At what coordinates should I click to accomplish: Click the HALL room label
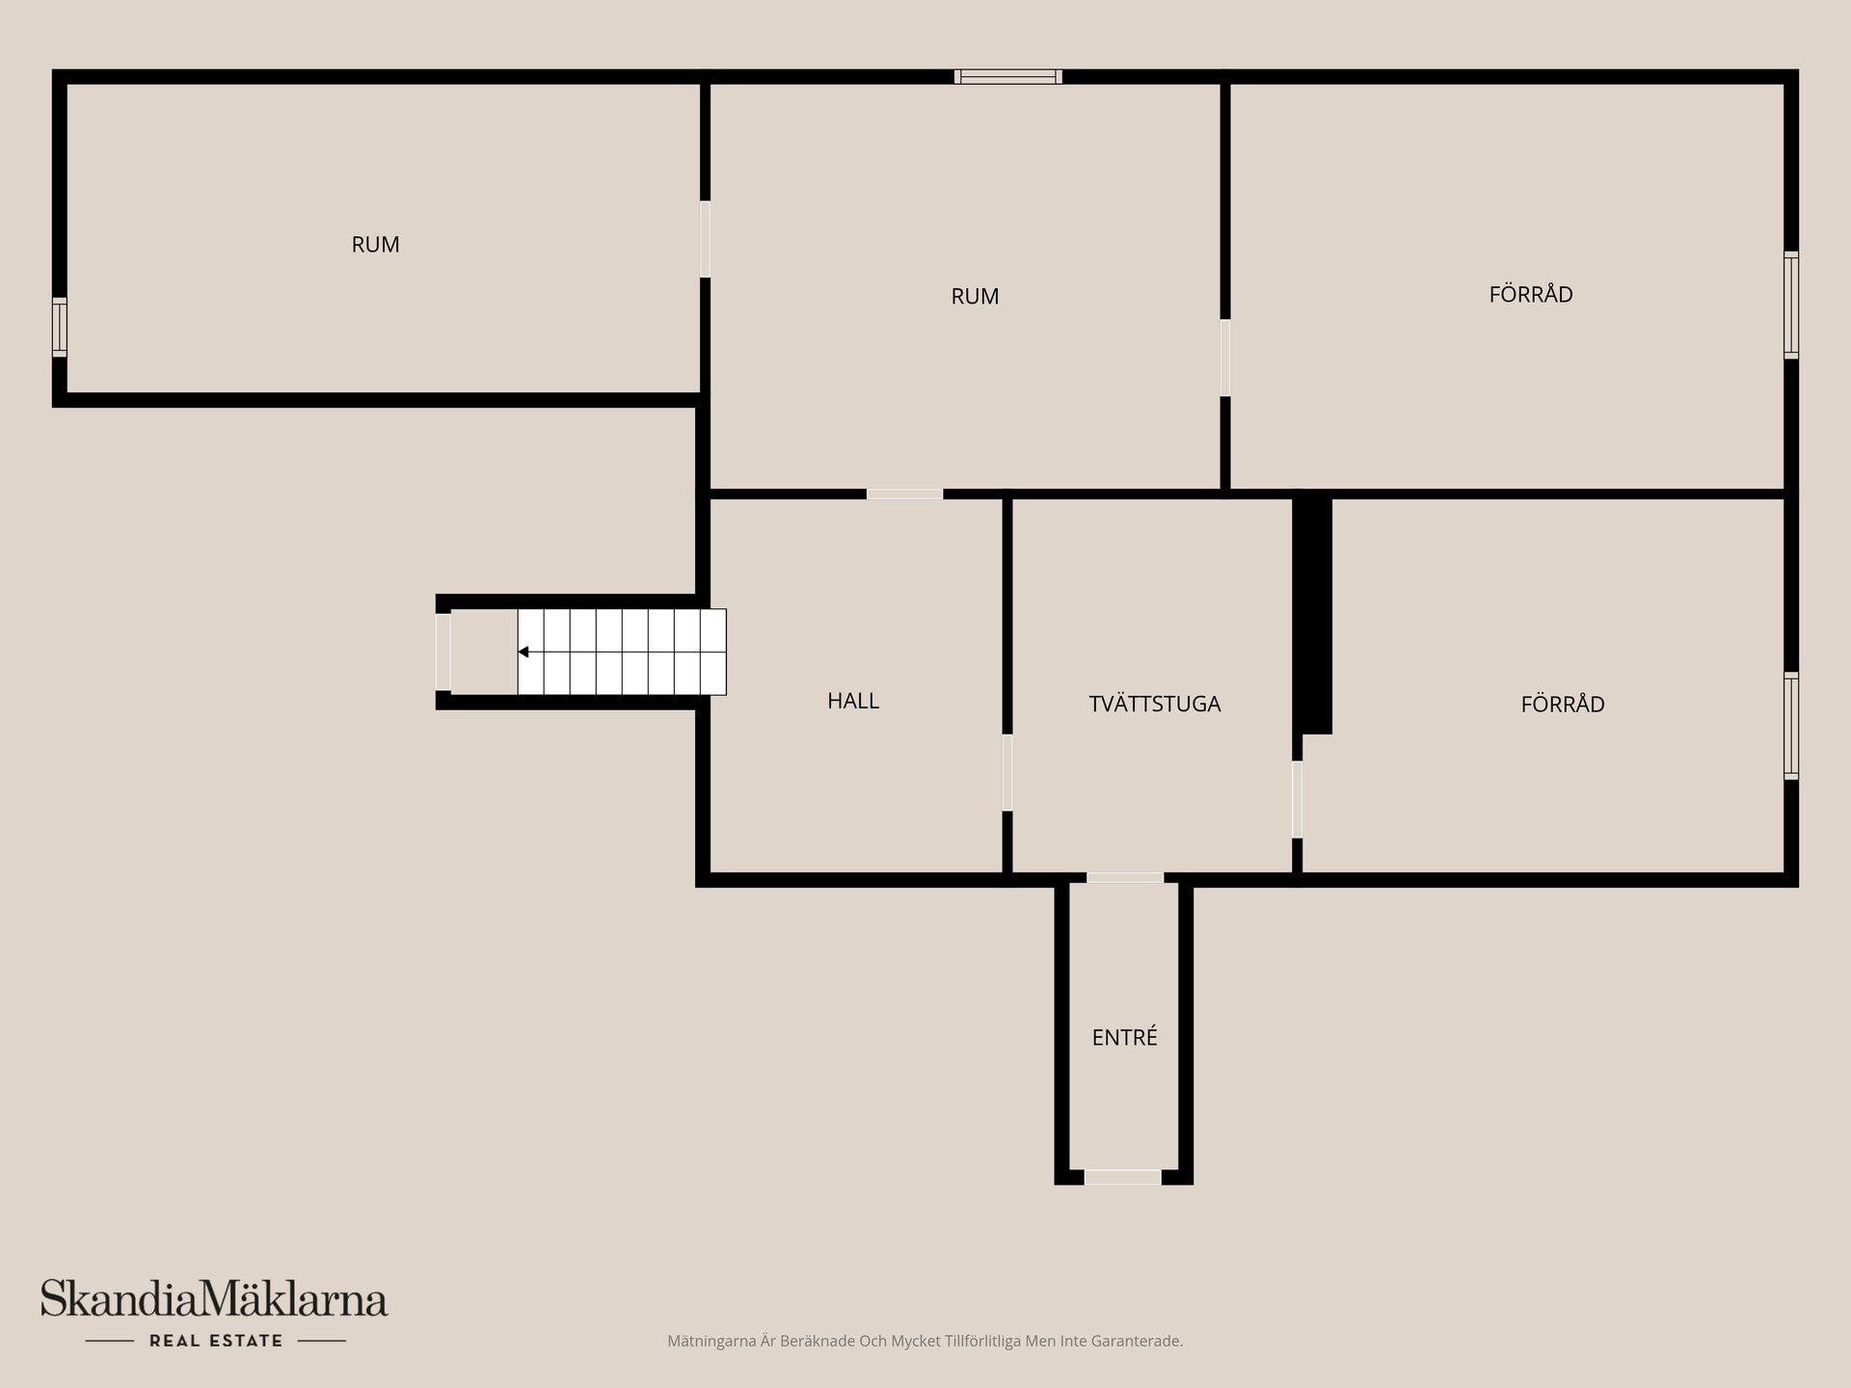click(853, 701)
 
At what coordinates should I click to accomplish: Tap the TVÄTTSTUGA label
click(1155, 704)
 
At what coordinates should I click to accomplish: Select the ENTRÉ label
click(1124, 1037)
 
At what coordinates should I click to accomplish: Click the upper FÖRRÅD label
click(1531, 293)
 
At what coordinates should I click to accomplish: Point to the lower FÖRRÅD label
click(1563, 704)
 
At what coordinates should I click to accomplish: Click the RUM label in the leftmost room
click(375, 245)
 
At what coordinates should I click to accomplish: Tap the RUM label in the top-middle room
click(975, 297)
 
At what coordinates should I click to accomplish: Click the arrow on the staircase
click(523, 653)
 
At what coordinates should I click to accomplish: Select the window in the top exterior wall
click(1008, 76)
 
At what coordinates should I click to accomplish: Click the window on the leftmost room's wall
click(60, 328)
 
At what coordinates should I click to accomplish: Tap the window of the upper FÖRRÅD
click(1791, 306)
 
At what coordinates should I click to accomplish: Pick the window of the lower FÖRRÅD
click(1791, 726)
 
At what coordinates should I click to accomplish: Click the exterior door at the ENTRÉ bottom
click(1123, 1177)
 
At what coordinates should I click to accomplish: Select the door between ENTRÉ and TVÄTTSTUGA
click(1125, 878)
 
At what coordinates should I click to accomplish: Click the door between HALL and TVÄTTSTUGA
click(1007, 773)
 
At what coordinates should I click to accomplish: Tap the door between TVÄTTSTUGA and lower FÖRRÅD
click(1297, 800)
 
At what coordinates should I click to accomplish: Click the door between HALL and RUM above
click(904, 494)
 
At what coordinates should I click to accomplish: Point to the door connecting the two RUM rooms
click(705, 239)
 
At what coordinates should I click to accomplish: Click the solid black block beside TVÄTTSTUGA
click(1312, 615)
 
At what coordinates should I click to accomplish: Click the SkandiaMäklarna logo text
click(214, 1298)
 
